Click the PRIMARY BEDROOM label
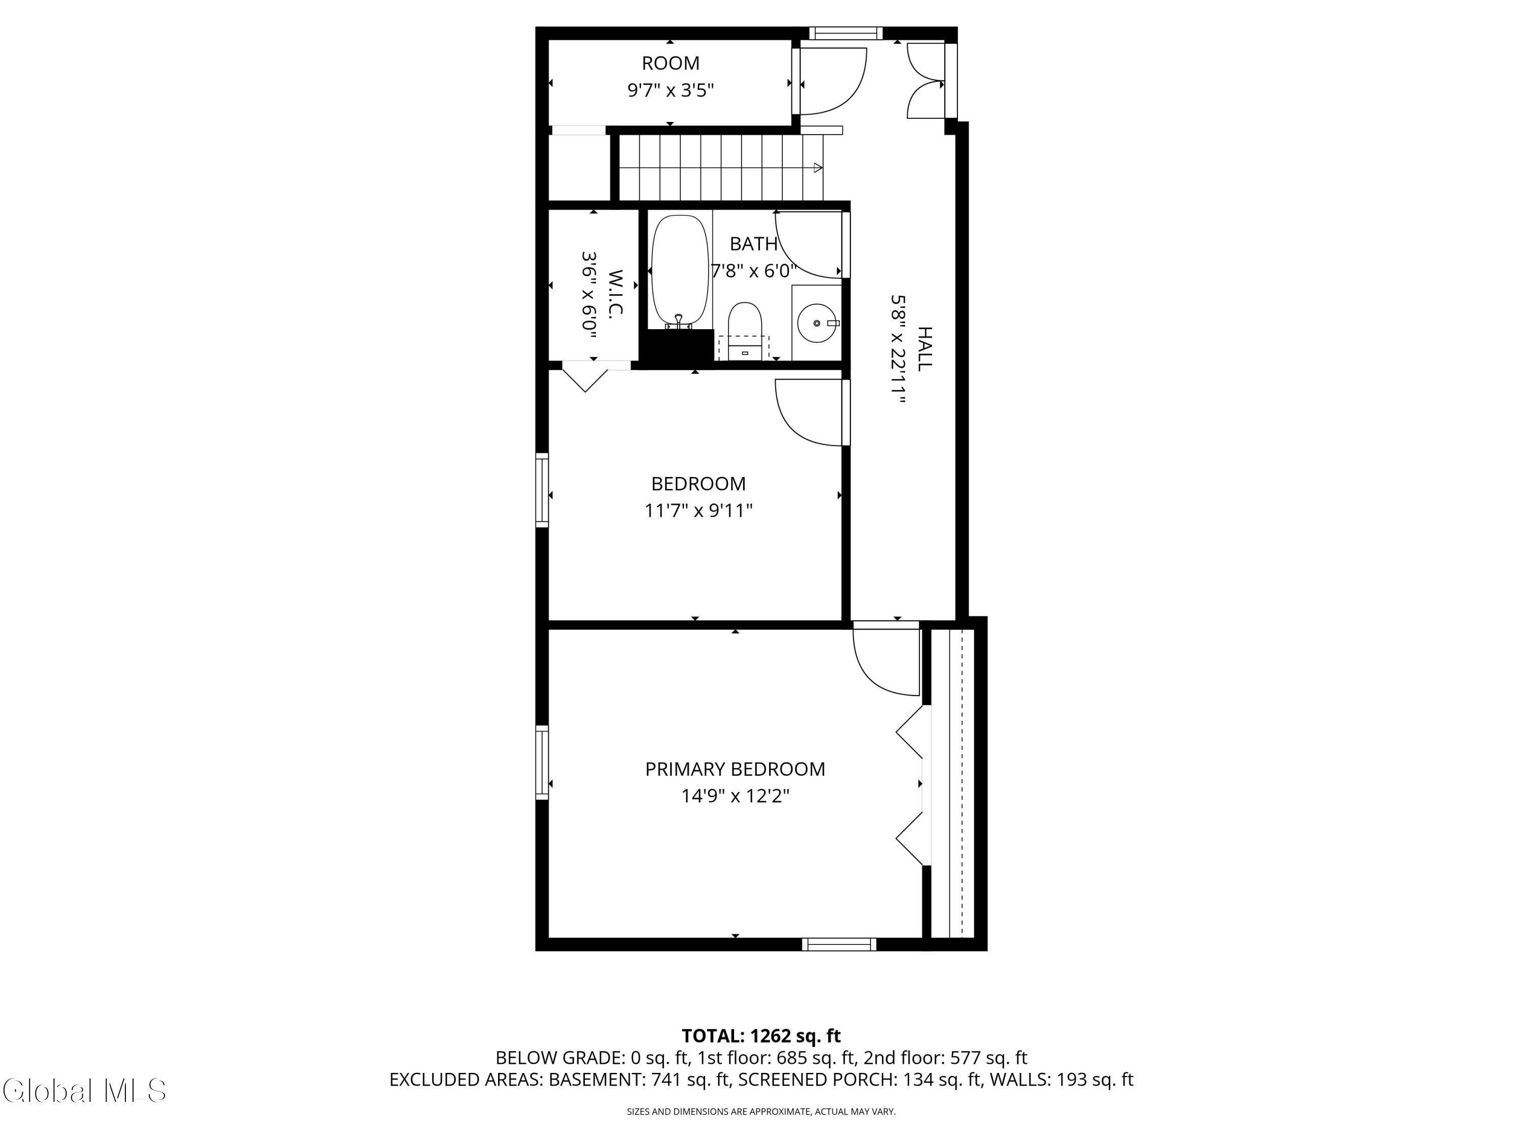735,769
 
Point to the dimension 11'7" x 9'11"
698,511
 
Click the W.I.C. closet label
615,293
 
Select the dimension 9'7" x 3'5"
670,90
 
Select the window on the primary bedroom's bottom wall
839,944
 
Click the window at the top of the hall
845,33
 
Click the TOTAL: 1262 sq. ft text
761,1035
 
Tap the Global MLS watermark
84,1091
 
